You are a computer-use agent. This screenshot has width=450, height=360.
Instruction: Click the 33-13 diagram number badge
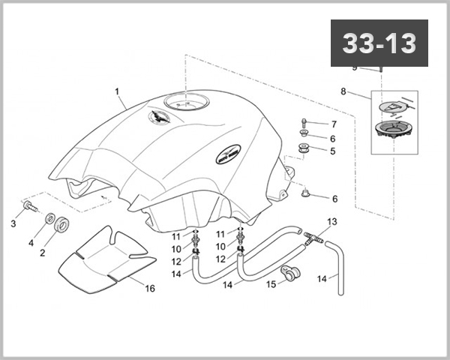tap(379, 44)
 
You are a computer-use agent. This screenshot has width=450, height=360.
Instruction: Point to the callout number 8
tap(343, 91)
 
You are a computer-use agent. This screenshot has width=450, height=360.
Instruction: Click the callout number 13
tap(332, 222)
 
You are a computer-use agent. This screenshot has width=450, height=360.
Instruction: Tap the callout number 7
tap(334, 124)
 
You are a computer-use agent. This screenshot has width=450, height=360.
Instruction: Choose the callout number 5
tap(334, 151)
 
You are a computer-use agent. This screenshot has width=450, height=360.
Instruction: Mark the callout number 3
tap(13, 223)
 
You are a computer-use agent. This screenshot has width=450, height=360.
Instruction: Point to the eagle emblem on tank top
tap(161, 118)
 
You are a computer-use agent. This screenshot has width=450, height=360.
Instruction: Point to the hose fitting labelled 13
tap(313, 238)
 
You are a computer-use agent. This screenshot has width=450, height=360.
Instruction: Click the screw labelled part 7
tap(304, 124)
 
